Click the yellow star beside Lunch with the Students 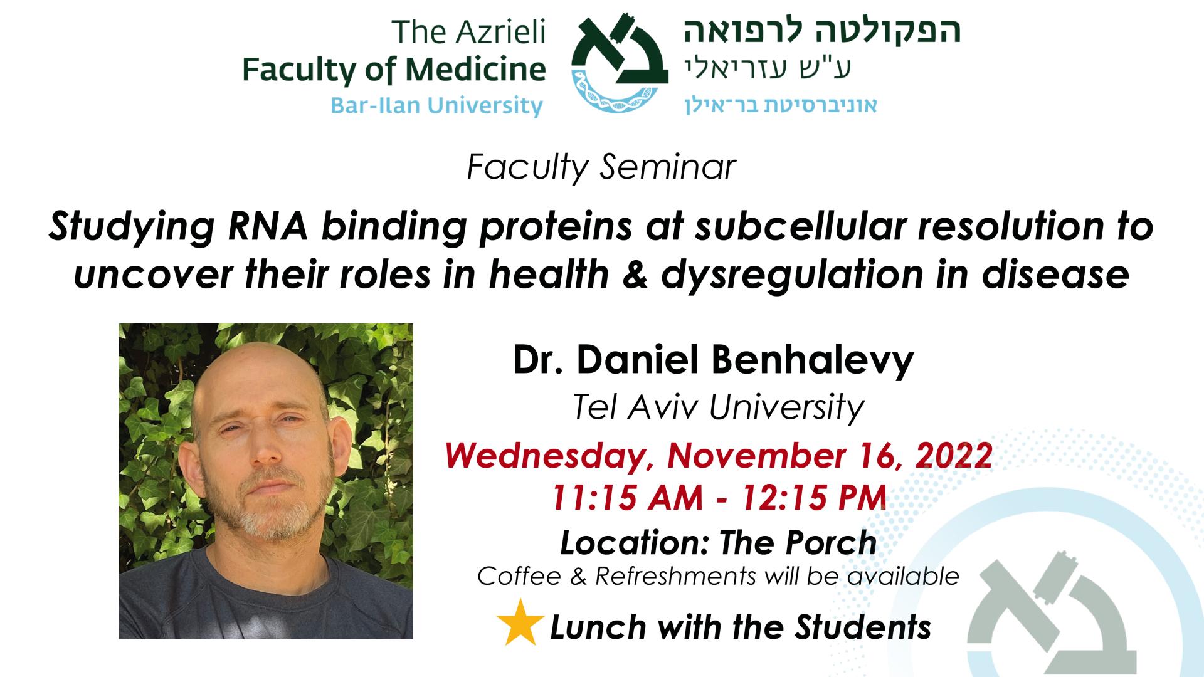pos(520,622)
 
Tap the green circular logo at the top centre pos(620,63)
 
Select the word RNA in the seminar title pos(268,226)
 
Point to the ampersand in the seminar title pos(635,275)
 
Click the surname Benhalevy pos(812,360)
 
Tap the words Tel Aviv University pos(719,407)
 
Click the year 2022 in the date pos(954,456)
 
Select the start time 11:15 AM pos(628,498)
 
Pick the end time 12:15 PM pos(814,498)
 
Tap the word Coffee pos(519,576)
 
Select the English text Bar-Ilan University pos(436,105)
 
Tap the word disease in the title pos(1055,275)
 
